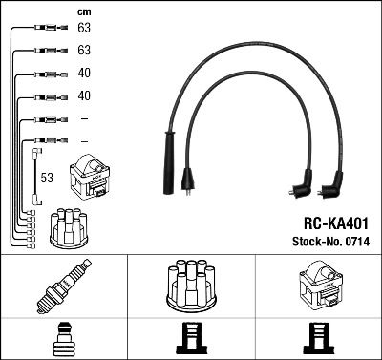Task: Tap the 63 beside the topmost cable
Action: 83,31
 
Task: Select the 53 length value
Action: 46,178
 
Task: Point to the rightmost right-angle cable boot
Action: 334,182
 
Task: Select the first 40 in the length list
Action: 83,74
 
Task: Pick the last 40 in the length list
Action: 83,95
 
